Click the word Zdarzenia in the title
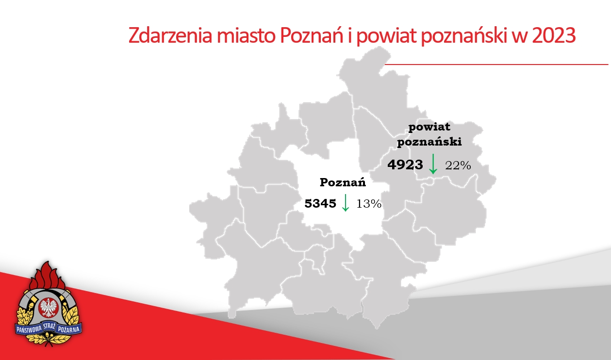[x=170, y=36]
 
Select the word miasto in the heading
[x=247, y=36]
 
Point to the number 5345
[x=320, y=203]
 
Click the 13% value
[x=369, y=204]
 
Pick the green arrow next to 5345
[x=346, y=203]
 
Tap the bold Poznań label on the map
[x=343, y=182]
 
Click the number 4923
[x=405, y=165]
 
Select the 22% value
[x=458, y=165]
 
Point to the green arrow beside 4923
[x=433, y=164]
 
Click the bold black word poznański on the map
[x=429, y=142]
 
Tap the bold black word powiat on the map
[x=429, y=128]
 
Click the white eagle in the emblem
[x=48, y=307]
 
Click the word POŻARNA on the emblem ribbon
[x=69, y=329]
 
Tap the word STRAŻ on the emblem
[x=50, y=327]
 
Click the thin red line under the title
[x=496, y=65]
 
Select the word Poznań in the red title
[x=312, y=36]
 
